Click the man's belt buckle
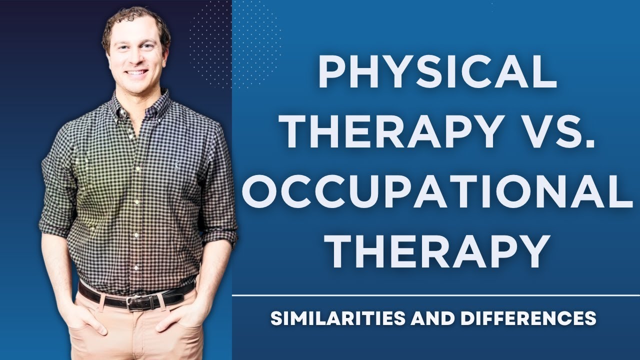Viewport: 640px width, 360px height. tap(133, 301)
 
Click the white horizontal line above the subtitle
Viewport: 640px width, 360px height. tap(435, 295)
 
